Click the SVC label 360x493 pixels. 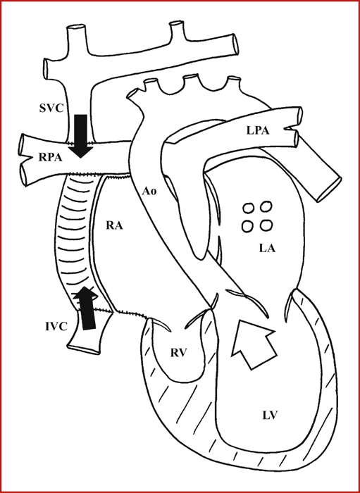[x=51, y=108]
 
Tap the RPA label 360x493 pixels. [x=50, y=157]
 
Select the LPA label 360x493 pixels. [x=258, y=130]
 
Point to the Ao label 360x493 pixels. [x=149, y=192]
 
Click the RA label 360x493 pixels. [x=114, y=225]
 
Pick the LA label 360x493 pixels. [x=267, y=249]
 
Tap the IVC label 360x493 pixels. [x=56, y=327]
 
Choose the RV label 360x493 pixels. [x=179, y=353]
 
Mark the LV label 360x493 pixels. [x=270, y=416]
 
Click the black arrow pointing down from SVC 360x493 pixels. [x=81, y=136]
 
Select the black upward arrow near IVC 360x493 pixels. [x=87, y=308]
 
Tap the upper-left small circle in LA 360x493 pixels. [x=249, y=208]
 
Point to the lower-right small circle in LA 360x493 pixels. [x=266, y=225]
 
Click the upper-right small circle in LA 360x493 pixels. [x=266, y=207]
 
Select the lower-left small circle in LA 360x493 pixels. [x=247, y=226]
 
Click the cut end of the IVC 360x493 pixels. [x=84, y=349]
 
